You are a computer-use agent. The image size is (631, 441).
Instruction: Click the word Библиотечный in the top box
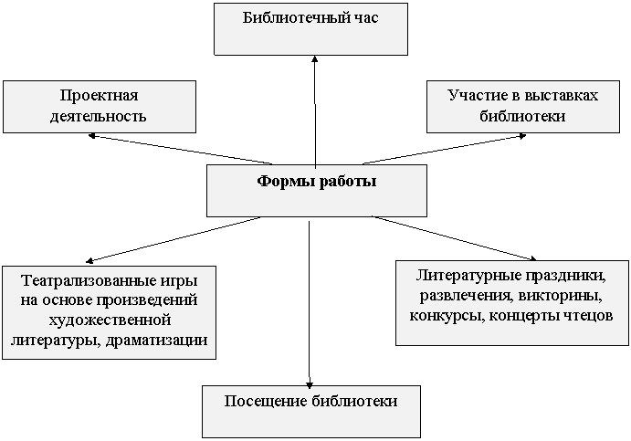pyautogui.click(x=295, y=17)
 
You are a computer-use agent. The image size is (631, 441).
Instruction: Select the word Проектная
pyautogui.click(x=99, y=96)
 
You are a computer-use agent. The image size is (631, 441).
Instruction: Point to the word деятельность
pyautogui.click(x=98, y=116)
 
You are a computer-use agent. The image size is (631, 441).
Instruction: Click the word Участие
pyautogui.click(x=473, y=96)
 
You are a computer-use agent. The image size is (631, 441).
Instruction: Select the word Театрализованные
pyautogui.click(x=88, y=280)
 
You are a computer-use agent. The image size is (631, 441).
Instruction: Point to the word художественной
pyautogui.click(x=110, y=320)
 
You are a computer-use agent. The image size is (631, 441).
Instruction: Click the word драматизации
pyautogui.click(x=158, y=341)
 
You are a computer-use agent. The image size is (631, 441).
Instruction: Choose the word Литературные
pyautogui.click(x=467, y=276)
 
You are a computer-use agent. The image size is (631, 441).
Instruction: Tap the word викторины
pyautogui.click(x=561, y=296)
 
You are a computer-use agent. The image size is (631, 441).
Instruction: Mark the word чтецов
pyautogui.click(x=587, y=316)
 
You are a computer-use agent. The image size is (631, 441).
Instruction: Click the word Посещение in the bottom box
pyautogui.click(x=266, y=401)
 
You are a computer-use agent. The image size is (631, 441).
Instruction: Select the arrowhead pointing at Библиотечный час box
pyautogui.click(x=315, y=58)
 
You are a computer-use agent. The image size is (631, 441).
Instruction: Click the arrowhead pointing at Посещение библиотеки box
pyautogui.click(x=309, y=384)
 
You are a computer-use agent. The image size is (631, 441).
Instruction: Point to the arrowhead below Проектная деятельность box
pyautogui.click(x=91, y=136)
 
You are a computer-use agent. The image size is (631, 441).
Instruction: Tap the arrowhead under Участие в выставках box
pyautogui.click(x=522, y=136)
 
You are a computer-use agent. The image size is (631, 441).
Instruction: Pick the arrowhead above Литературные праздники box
pyautogui.click(x=532, y=257)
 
